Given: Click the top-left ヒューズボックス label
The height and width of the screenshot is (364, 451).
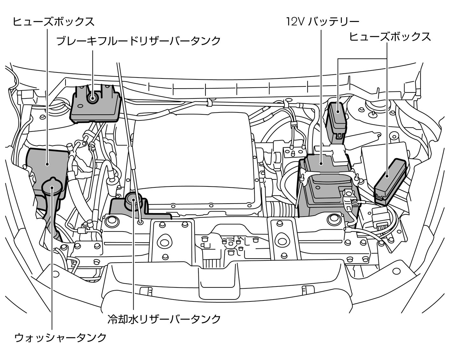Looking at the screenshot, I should (x=53, y=22).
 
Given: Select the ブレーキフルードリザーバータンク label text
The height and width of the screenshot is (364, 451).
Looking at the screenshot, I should (x=138, y=41).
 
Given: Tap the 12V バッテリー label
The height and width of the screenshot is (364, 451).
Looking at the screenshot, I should (x=323, y=22).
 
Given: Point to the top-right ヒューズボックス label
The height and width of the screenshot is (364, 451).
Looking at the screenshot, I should (x=390, y=37).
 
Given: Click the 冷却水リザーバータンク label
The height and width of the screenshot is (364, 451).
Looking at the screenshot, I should (x=164, y=319).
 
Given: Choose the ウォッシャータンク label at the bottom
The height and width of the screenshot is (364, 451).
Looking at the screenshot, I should (x=60, y=337).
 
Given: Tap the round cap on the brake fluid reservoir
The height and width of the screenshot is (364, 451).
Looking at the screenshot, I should (x=93, y=98).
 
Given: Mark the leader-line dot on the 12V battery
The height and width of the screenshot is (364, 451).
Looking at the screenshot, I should (x=321, y=164).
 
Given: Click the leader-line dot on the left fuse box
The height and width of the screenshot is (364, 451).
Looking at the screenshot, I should (x=47, y=164).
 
